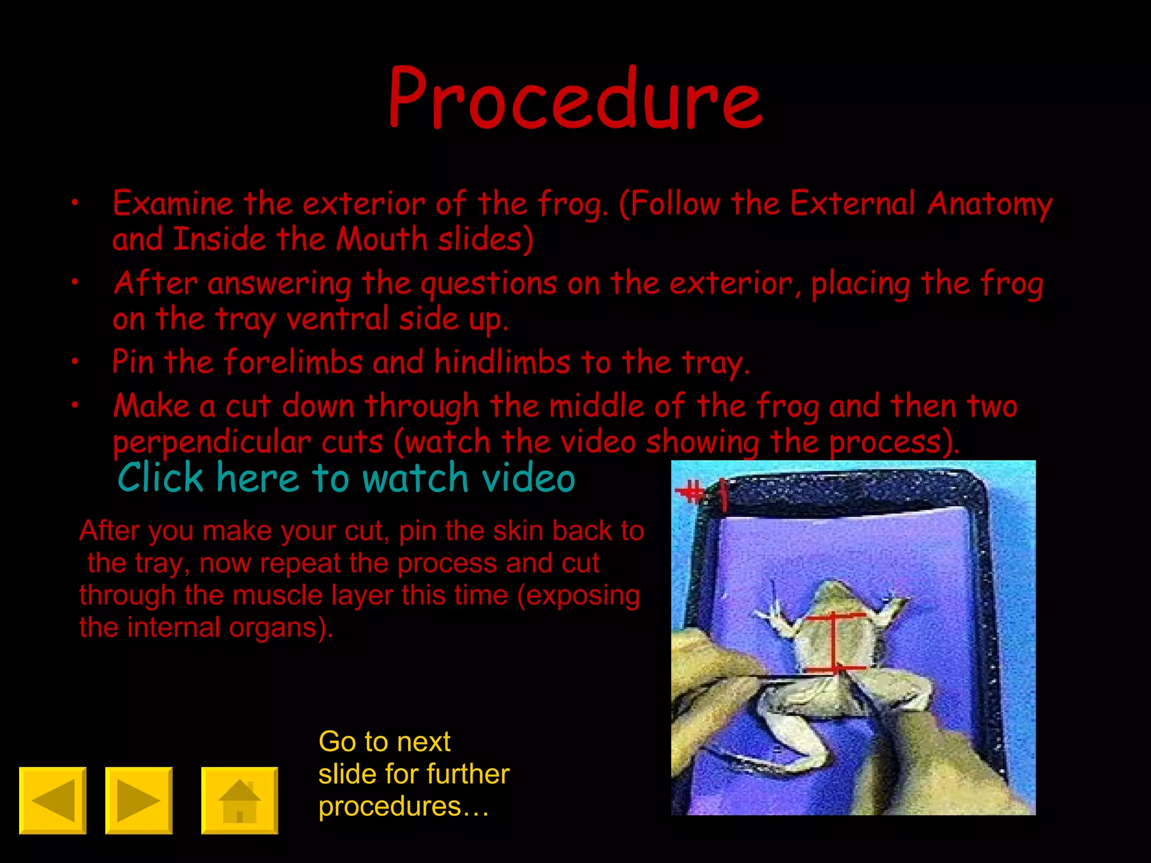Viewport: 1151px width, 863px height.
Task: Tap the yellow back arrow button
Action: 53,800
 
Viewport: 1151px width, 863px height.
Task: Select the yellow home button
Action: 239,800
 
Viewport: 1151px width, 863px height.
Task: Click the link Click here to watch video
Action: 346,478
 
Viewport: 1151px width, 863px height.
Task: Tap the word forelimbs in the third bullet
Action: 293,362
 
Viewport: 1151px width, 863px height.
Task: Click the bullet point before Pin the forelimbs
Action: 74,362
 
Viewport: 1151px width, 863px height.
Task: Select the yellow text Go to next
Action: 384,742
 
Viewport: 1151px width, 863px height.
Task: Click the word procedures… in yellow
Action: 404,806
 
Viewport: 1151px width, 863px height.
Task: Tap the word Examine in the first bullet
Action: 173,203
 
